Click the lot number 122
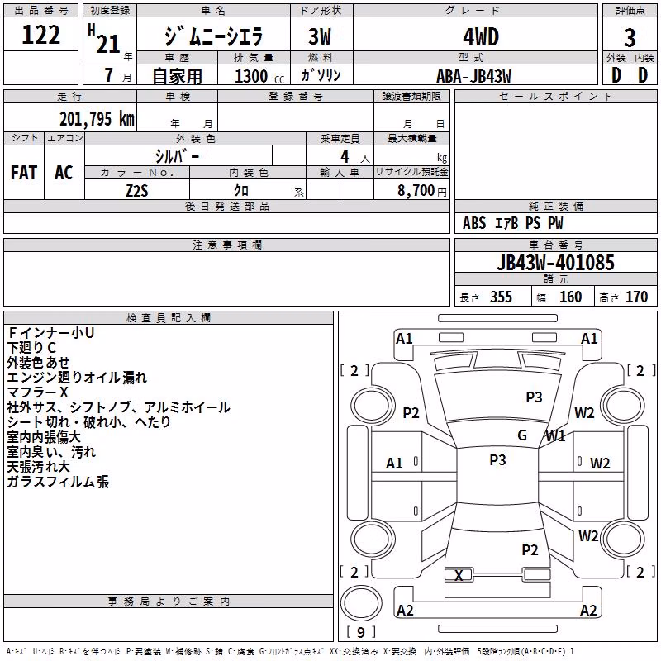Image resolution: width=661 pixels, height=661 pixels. (40, 35)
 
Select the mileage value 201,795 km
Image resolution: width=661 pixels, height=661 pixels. (97, 119)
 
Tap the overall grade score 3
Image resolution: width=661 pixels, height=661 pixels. (630, 37)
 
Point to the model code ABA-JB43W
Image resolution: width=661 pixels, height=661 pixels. (473, 76)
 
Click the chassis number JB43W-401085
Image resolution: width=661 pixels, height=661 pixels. (555, 263)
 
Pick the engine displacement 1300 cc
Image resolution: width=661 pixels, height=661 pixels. (259, 76)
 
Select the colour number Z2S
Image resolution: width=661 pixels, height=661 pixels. (137, 191)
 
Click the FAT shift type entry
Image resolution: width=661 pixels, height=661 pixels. (24, 173)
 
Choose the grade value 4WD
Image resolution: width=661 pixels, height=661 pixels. (481, 36)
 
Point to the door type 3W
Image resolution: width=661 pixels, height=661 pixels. (320, 36)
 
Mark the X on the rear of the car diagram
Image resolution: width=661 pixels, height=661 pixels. (459, 575)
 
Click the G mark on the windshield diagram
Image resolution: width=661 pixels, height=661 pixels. (522, 435)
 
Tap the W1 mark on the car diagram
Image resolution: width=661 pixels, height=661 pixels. (555, 436)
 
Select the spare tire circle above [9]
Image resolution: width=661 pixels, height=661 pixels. (361, 603)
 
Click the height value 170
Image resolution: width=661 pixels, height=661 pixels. (636, 297)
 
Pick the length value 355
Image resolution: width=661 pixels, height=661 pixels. (501, 297)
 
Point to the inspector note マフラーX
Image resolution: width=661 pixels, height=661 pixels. (37, 392)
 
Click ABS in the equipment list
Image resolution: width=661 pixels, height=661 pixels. (474, 223)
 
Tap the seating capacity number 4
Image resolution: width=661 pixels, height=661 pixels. (345, 156)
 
